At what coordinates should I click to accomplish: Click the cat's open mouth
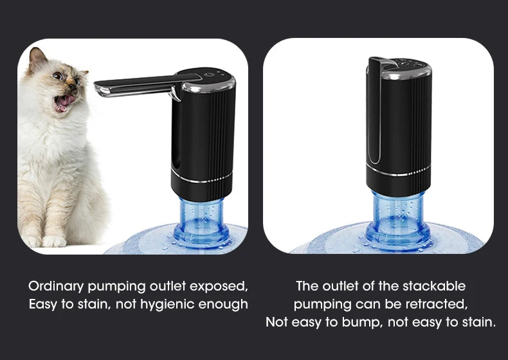tap(64, 102)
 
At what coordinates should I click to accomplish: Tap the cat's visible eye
tap(58, 75)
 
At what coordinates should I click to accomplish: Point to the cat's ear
tap(38, 59)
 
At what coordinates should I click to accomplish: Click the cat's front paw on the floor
tap(53, 241)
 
